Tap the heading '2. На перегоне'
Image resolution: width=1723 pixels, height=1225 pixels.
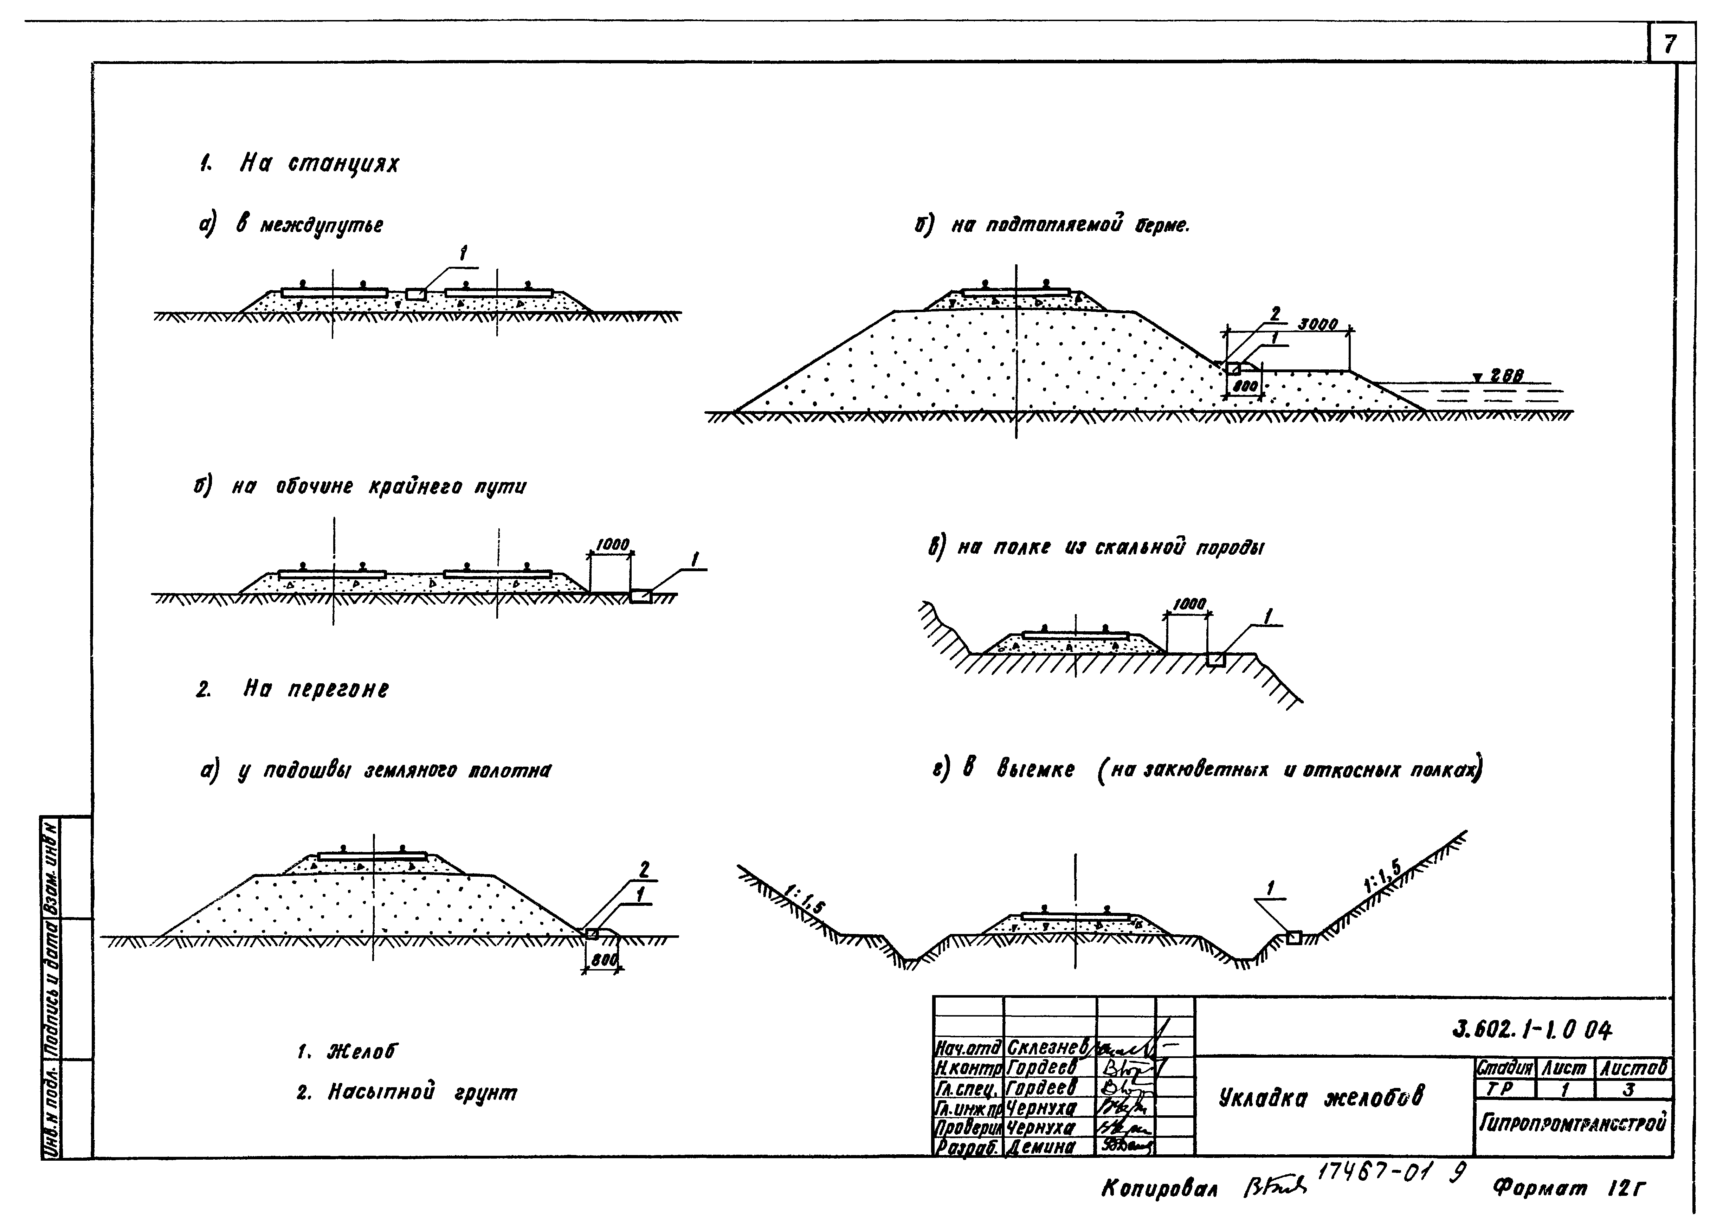tap(294, 689)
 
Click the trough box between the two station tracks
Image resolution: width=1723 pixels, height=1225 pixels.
tap(415, 293)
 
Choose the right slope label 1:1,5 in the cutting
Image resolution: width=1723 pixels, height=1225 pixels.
tap(1382, 877)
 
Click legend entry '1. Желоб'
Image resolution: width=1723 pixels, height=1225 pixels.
tap(347, 1051)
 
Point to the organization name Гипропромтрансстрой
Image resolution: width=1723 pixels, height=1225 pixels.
tap(1572, 1124)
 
